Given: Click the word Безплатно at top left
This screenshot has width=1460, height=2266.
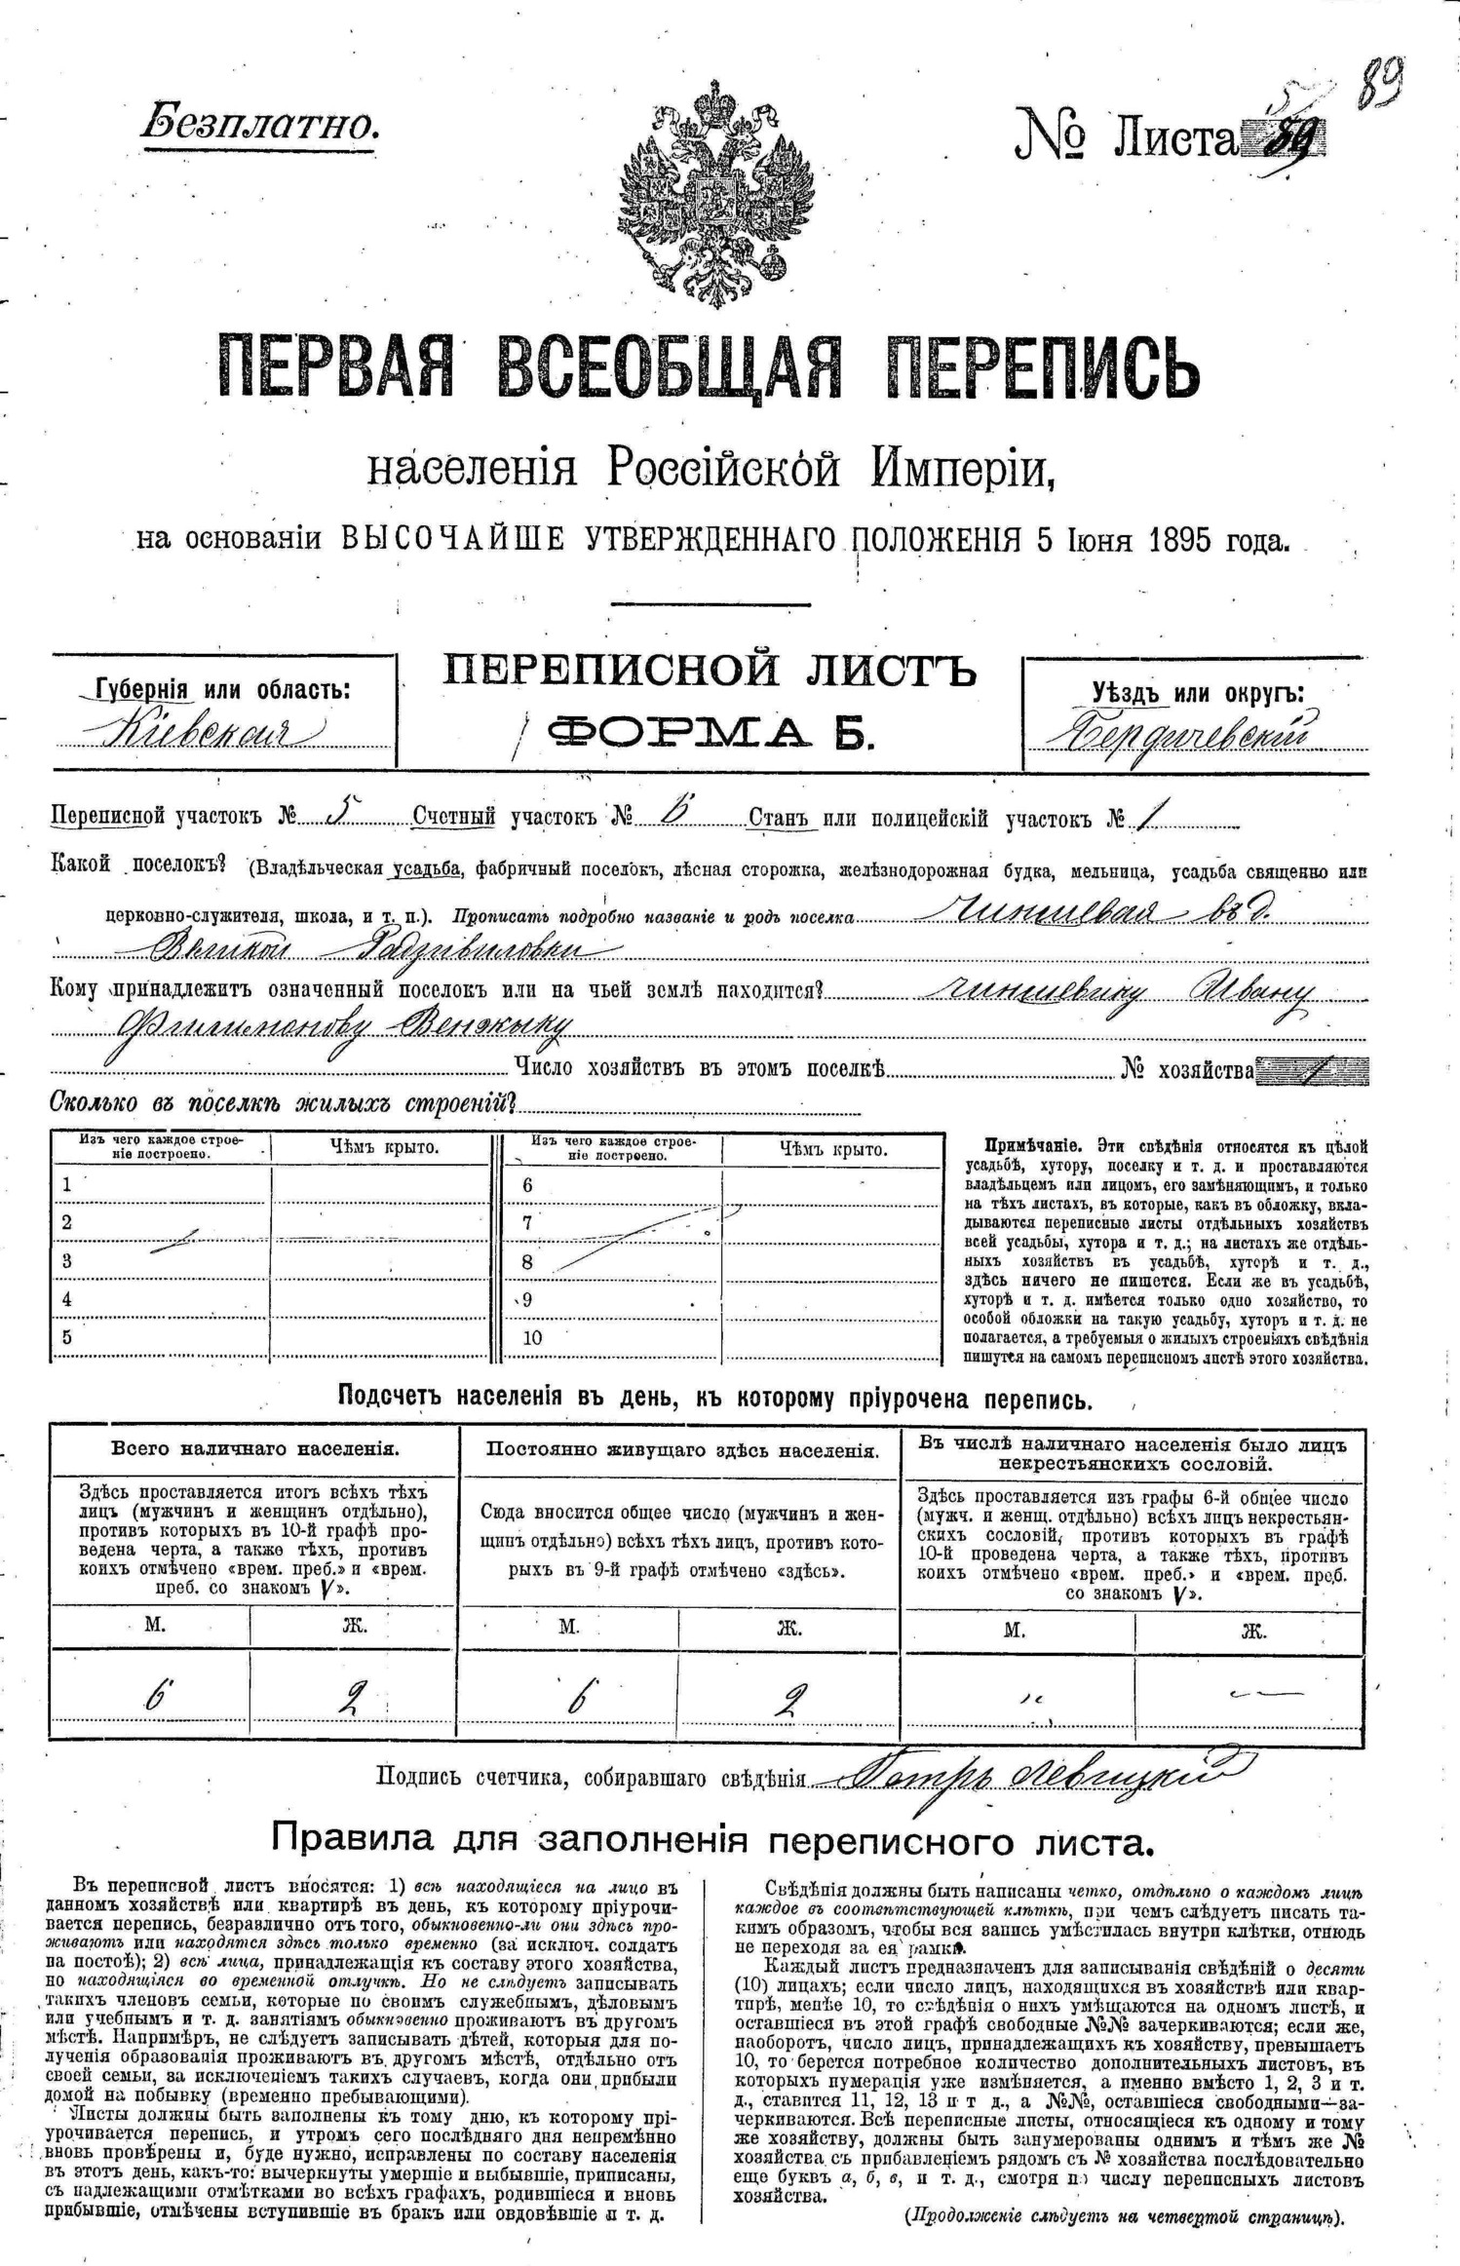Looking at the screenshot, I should click(259, 126).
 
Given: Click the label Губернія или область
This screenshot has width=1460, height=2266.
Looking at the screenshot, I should click(223, 689).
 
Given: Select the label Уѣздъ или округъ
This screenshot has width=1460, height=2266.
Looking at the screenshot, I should click(1198, 693).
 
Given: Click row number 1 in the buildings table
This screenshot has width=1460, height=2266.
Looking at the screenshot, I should click(67, 1185).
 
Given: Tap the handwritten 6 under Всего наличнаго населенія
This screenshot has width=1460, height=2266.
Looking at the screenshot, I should click(155, 1698).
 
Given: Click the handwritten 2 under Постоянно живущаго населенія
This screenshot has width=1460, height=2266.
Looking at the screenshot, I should click(788, 1698).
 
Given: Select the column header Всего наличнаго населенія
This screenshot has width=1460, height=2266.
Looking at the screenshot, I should click(254, 1448).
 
